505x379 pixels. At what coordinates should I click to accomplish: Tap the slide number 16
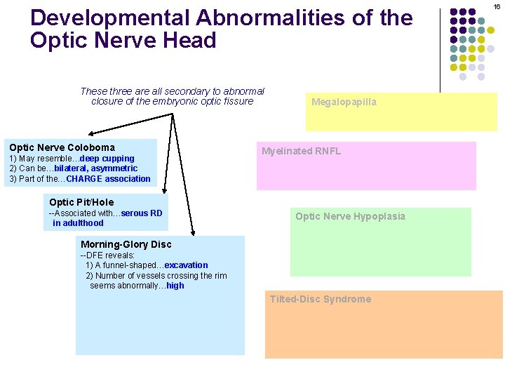point(497,6)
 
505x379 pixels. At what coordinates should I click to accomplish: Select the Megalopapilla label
point(344,102)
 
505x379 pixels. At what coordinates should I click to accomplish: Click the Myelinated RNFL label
point(301,151)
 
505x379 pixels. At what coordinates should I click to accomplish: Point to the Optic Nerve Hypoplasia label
point(350,216)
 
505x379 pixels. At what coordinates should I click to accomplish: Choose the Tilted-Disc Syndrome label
point(321,299)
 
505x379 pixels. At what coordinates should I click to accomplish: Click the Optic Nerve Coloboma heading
point(62,147)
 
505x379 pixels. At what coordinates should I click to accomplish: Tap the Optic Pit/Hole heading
point(81,202)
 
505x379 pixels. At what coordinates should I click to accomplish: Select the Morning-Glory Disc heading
point(126,244)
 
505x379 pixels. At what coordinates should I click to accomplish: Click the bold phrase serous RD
point(142,213)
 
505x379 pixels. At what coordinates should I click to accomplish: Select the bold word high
point(175,286)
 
